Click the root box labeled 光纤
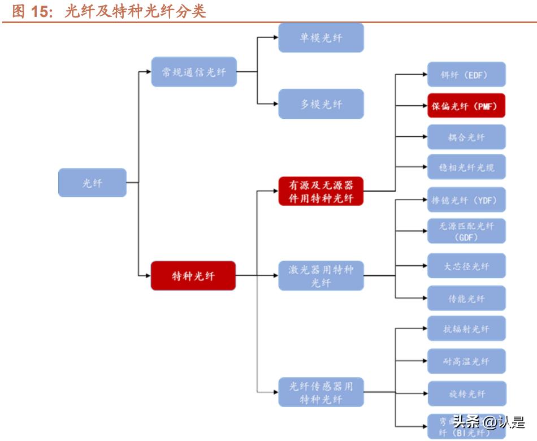pos(92,183)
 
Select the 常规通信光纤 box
pos(193,72)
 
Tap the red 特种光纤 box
pos(193,276)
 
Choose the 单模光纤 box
pos(321,38)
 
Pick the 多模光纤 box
pos(321,104)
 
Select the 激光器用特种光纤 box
pos(321,276)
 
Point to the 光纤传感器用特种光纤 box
pos(321,392)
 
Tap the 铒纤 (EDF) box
pos(466,75)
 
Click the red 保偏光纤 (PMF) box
pos(466,106)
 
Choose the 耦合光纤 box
pos(466,137)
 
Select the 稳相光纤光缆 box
pos(466,167)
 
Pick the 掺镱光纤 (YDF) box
pos(466,200)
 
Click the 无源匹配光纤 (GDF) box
pos(466,231)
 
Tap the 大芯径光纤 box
pos(466,266)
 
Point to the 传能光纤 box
pos(466,299)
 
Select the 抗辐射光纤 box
pos(466,329)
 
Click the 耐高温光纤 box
pos(466,361)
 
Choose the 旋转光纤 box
pos(466,394)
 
